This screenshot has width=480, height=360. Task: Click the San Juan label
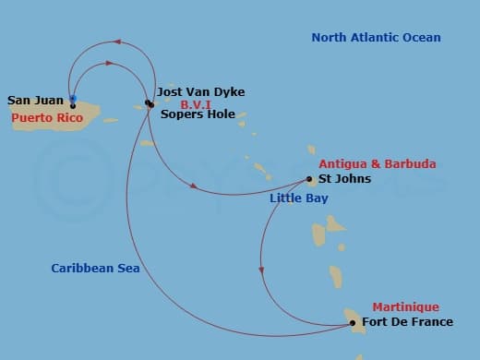35,100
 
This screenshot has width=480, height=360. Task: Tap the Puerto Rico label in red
47,118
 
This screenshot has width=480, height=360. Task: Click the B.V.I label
197,104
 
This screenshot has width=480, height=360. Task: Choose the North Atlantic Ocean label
376,38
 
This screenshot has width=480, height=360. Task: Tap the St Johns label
344,179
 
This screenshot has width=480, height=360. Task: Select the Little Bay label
298,198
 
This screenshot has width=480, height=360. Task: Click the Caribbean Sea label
95,269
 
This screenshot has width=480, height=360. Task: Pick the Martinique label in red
405,307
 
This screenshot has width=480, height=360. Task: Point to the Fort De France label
408,322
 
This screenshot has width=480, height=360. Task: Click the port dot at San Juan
72,104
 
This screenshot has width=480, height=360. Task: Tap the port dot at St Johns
311,180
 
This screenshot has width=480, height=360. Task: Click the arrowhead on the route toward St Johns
194,186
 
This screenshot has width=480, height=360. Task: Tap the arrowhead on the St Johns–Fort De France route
262,270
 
